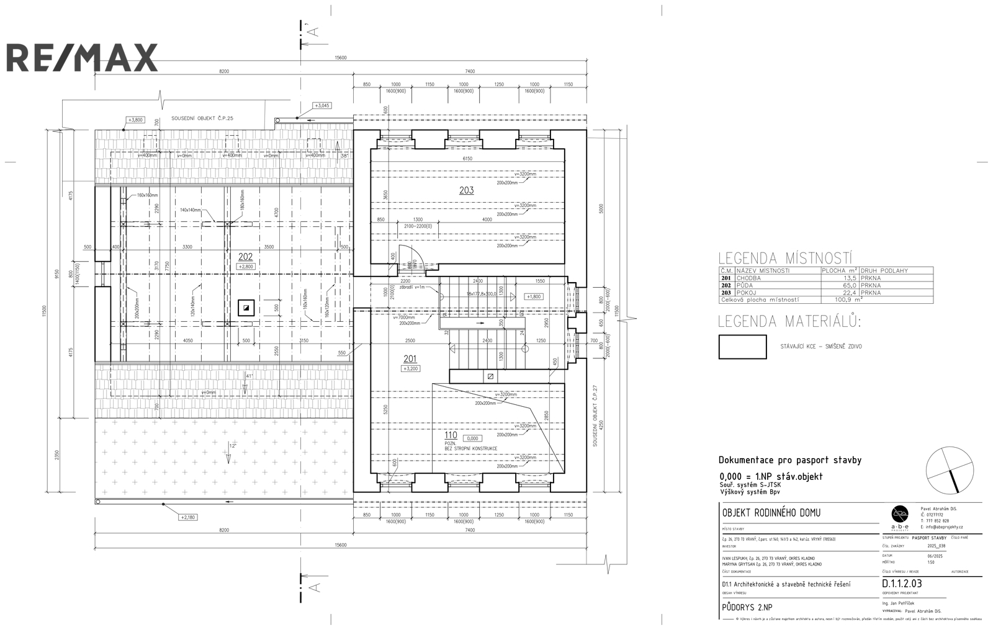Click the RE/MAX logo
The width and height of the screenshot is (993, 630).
pyautogui.click(x=82, y=57)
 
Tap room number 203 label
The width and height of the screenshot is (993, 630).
pyautogui.click(x=466, y=190)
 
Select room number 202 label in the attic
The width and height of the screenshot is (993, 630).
pyautogui.click(x=246, y=255)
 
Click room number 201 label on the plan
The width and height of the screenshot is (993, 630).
pyautogui.click(x=410, y=358)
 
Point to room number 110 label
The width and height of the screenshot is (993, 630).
pyautogui.click(x=451, y=435)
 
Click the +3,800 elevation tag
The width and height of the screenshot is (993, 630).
pyautogui.click(x=135, y=120)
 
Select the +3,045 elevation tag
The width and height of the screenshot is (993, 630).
pyautogui.click(x=322, y=105)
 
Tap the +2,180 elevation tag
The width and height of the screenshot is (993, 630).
pyautogui.click(x=187, y=517)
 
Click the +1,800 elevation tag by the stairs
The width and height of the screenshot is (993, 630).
pyautogui.click(x=534, y=296)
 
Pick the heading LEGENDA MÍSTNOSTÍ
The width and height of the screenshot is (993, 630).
pyautogui.click(x=785, y=258)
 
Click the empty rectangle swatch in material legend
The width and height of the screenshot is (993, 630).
pyautogui.click(x=742, y=347)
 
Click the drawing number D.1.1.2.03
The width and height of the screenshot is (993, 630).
pyautogui.click(x=902, y=583)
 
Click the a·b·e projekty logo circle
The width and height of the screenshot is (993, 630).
pyautogui.click(x=900, y=513)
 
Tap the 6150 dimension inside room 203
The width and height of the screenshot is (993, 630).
pyautogui.click(x=467, y=159)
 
